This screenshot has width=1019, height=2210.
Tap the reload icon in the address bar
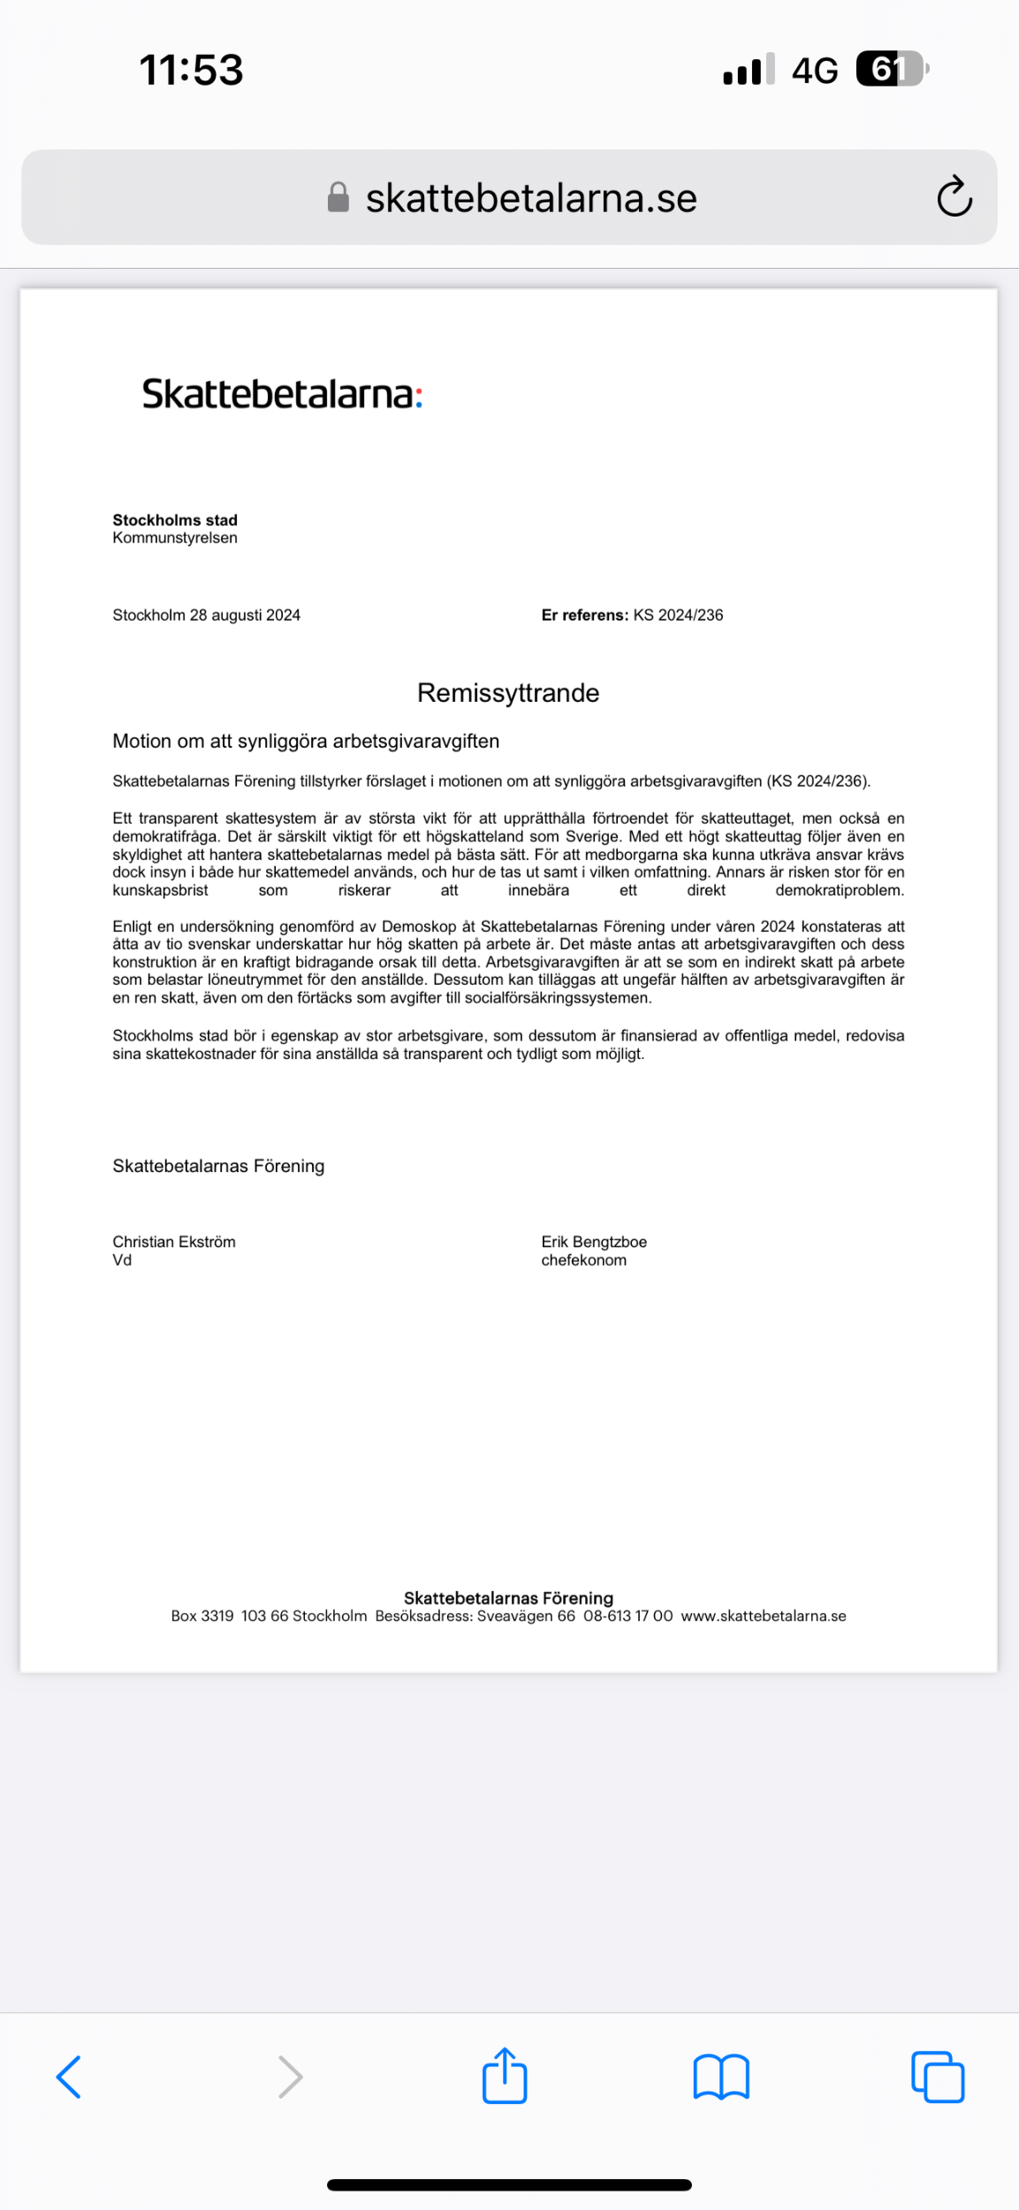coord(954,196)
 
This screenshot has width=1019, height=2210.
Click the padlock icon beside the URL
coord(338,197)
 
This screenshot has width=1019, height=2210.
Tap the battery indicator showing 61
coord(891,69)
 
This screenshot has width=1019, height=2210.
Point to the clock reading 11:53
coord(191,70)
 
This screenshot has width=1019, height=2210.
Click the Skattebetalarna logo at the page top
coord(282,394)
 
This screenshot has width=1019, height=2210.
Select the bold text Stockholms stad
coord(175,520)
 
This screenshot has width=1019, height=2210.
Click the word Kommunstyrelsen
coord(175,537)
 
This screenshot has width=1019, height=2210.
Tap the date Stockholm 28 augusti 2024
coord(206,615)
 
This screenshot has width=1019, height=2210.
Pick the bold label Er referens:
coord(584,615)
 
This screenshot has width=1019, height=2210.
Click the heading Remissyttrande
coord(508,693)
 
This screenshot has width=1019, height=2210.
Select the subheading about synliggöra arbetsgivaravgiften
coord(306,741)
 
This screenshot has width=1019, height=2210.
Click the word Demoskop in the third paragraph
coord(419,926)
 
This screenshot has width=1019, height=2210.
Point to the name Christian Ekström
coord(174,1242)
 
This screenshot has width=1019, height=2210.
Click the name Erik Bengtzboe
coord(594,1242)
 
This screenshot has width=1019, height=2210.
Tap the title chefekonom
coord(583,1261)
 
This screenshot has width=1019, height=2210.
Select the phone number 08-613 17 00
coord(627,1616)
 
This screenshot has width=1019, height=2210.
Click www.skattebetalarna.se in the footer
coord(764,1616)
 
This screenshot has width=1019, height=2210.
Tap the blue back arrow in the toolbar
coord(69,2077)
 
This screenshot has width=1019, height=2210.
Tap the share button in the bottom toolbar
coord(505,2076)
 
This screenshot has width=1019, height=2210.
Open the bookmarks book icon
coord(721,2077)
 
